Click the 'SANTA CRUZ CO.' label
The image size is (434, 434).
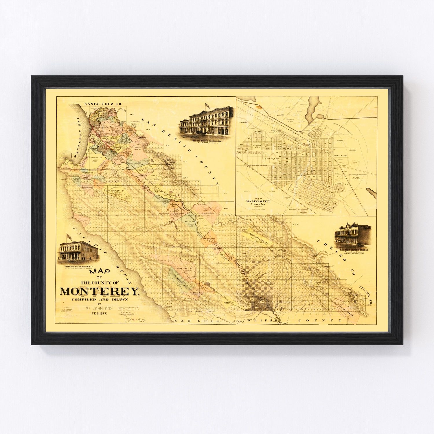(x=100, y=104)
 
